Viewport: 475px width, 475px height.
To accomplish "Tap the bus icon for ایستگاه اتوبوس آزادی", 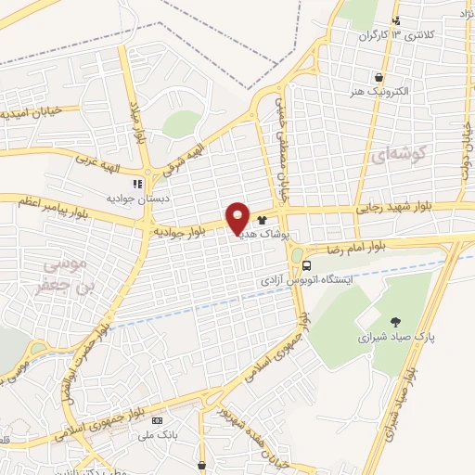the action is click(306, 264).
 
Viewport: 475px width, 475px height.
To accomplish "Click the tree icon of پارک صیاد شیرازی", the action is click(397, 320).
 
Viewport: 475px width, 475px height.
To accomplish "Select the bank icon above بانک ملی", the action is click(154, 421).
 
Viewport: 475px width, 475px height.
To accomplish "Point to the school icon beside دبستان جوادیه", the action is click(137, 184).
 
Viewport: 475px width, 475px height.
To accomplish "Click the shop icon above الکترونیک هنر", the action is click(379, 79).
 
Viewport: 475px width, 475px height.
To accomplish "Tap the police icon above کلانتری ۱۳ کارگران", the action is click(397, 20).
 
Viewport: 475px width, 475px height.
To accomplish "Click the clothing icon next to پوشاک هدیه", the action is click(263, 221).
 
